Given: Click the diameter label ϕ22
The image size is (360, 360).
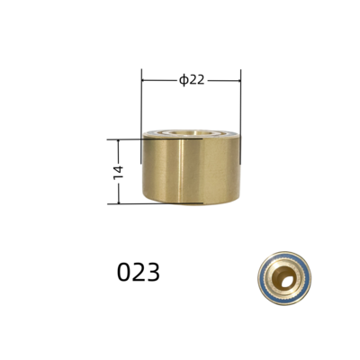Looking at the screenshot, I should (x=192, y=79).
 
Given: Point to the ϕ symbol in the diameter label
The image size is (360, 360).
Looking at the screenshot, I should (x=183, y=79).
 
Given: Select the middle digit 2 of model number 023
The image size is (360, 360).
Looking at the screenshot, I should (x=139, y=271).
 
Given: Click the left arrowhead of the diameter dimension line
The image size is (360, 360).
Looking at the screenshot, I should (x=145, y=79).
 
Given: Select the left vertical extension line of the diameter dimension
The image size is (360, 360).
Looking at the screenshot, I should (x=142, y=99).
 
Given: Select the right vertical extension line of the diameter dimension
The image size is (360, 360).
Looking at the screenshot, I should (x=240, y=99).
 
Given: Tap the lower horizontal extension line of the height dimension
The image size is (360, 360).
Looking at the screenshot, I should (x=126, y=203).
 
